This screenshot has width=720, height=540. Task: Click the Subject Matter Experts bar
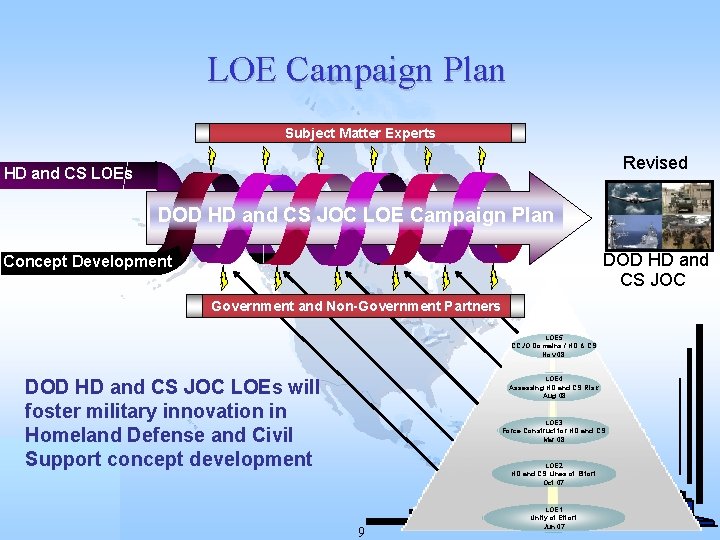(360, 133)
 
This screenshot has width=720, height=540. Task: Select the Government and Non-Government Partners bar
(355, 305)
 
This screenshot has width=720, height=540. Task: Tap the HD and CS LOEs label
(68, 174)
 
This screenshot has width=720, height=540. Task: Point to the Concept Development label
(87, 262)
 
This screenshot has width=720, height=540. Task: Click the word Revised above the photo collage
(655, 163)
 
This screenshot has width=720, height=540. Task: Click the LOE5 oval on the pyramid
(554, 345)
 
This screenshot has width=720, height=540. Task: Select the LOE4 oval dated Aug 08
(554, 388)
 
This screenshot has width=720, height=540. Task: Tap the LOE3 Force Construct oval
(554, 431)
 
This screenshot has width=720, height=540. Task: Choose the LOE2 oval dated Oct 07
(554, 474)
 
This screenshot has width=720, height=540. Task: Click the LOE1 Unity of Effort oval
(554, 517)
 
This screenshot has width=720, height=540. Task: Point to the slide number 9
(360, 530)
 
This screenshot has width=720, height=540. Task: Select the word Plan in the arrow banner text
(530, 216)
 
